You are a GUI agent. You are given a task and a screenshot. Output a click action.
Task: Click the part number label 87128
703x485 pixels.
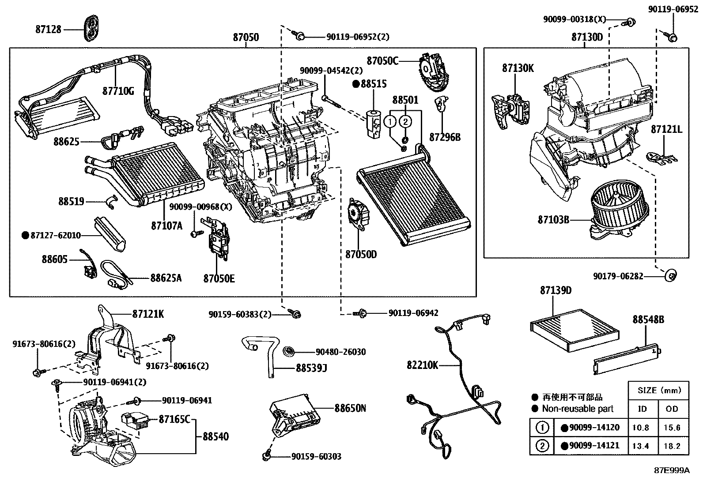[48, 30]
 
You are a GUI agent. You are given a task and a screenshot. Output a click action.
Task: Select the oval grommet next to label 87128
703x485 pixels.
[92, 26]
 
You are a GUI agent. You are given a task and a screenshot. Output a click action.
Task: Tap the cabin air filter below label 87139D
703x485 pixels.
[574, 325]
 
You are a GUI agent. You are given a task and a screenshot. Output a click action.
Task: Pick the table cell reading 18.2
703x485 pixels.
[672, 446]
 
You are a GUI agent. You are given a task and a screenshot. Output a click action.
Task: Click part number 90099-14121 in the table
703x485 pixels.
[593, 446]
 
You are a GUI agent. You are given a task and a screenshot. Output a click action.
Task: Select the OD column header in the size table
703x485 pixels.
[672, 409]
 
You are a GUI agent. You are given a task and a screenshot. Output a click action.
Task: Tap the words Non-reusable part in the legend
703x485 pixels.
[578, 409]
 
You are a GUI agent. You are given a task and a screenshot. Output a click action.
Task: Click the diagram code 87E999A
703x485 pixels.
[671, 470]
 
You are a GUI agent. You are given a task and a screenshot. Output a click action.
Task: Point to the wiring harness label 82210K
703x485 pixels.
[423, 365]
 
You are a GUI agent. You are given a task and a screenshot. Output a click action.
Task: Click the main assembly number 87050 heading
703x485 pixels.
[246, 38]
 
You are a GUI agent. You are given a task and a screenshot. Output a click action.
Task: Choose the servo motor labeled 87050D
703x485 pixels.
[359, 214]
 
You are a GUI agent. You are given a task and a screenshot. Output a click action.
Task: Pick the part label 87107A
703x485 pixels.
[166, 226]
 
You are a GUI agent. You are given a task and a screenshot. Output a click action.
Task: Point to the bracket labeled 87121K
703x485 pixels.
[110, 340]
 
